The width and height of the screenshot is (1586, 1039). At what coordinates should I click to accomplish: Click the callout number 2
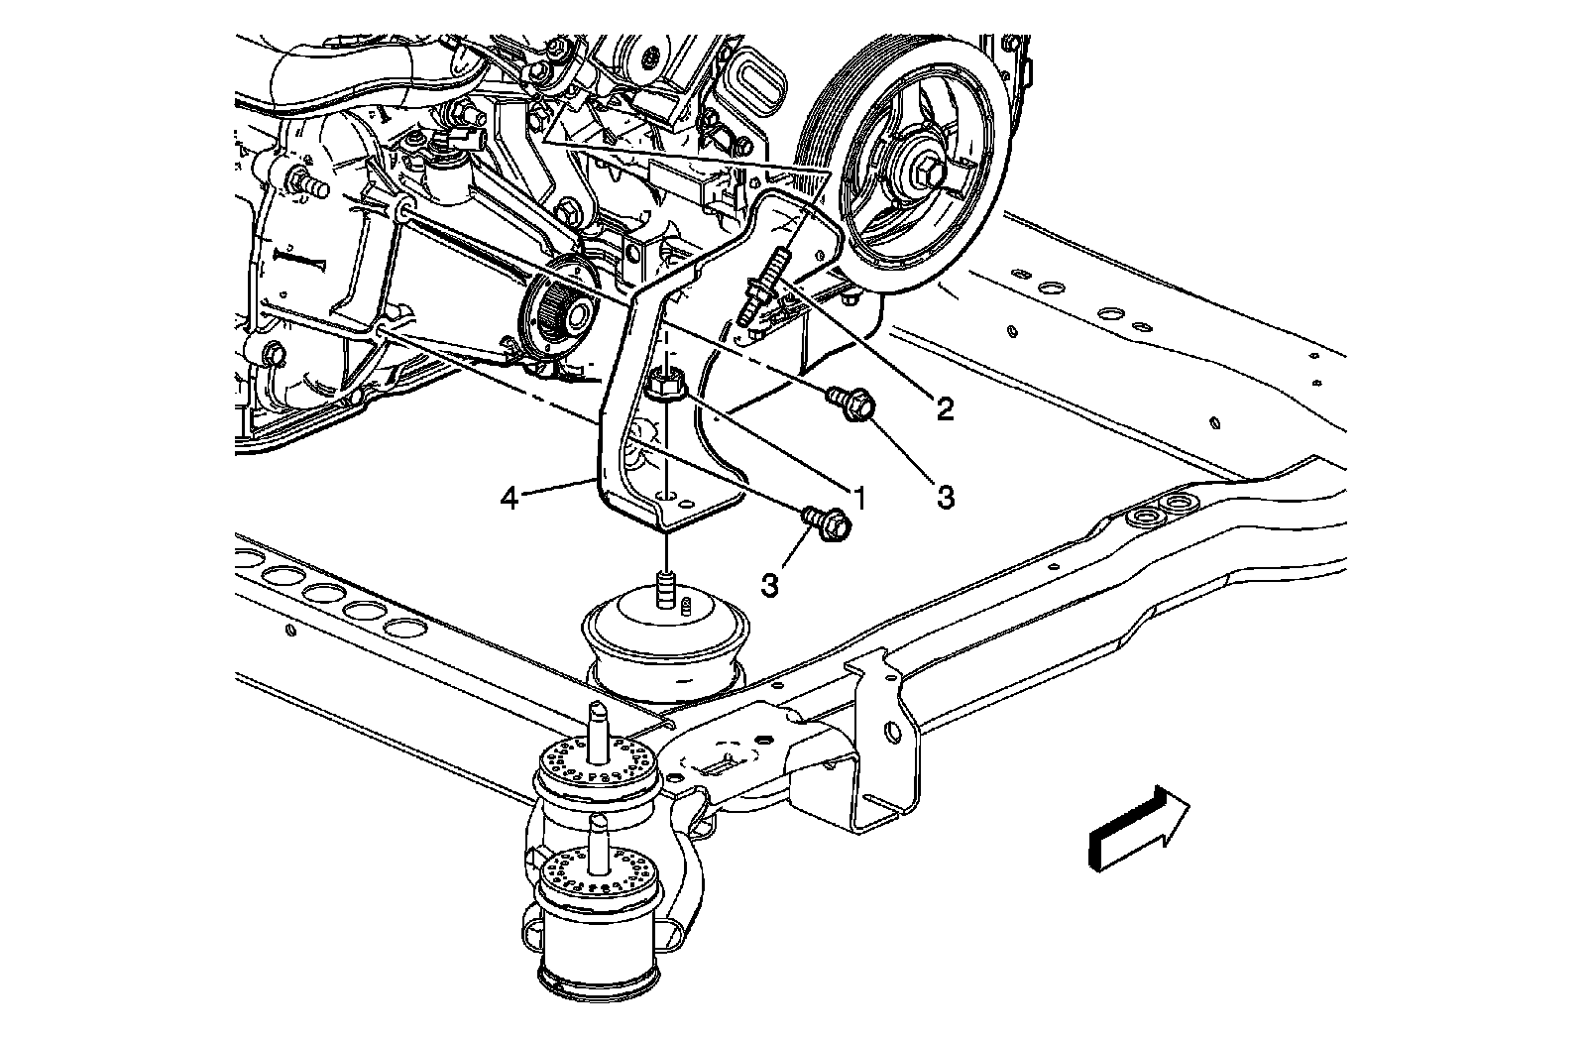coord(944,407)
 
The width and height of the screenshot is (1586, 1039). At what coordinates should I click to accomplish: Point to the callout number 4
coord(509,498)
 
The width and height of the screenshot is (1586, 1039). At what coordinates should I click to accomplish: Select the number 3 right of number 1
coord(945,496)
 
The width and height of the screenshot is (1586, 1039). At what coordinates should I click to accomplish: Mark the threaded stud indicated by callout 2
coord(763,284)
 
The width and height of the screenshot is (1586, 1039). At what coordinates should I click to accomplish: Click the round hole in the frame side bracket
coord(892,734)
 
